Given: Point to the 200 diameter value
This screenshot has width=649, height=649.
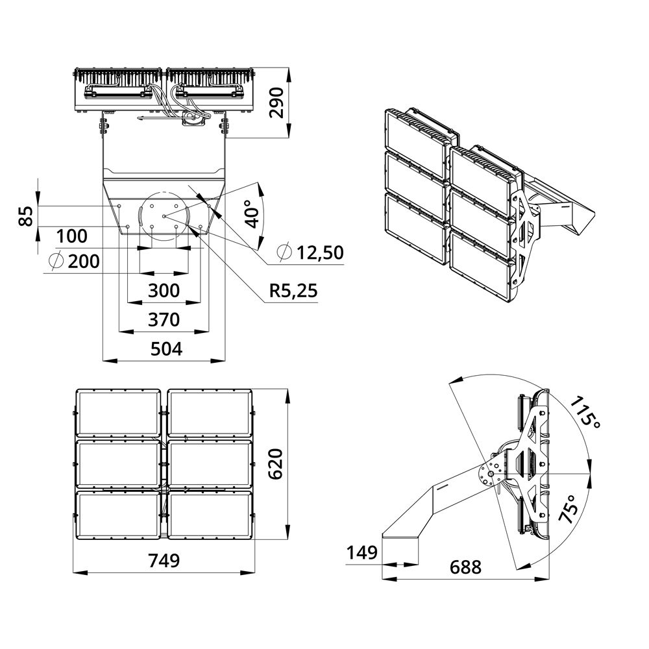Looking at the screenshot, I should [84, 262].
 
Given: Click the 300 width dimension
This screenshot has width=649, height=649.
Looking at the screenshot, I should [164, 291].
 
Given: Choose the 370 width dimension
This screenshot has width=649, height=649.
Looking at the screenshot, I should [164, 319].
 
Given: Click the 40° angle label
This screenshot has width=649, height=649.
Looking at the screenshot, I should [252, 212].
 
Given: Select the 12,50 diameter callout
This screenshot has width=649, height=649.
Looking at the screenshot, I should [318, 253].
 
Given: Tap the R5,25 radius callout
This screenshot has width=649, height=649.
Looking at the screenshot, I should [294, 291].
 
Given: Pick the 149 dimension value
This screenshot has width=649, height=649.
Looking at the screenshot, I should [361, 553].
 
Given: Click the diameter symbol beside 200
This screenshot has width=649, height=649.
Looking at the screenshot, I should [56, 261].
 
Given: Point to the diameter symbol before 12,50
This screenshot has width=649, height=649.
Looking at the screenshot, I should [284, 252].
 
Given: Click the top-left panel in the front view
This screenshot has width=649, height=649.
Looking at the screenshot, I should [118, 413].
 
